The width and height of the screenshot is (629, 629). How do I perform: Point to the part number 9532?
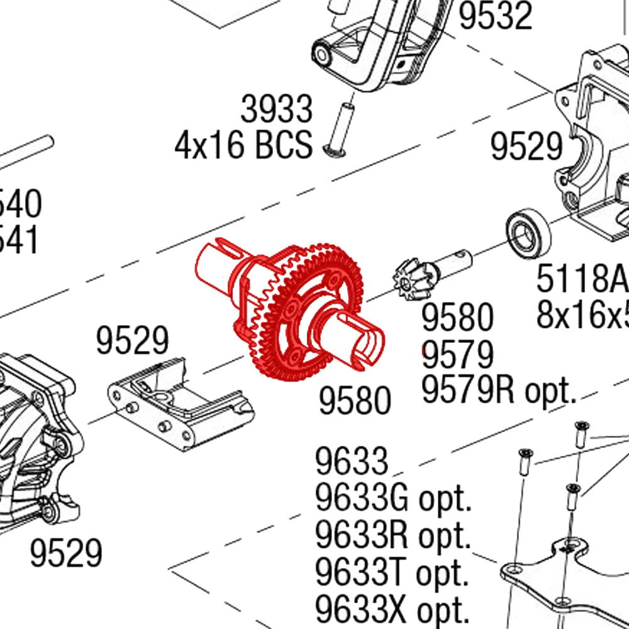click(x=495, y=16)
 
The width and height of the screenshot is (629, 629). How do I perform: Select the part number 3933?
click(x=276, y=109)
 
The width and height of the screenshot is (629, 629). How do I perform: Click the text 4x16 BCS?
click(x=243, y=145)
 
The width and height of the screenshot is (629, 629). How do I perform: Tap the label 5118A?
click(x=581, y=279)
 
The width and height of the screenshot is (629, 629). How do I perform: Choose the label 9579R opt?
click(x=499, y=391)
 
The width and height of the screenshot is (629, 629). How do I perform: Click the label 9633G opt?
click(x=394, y=500)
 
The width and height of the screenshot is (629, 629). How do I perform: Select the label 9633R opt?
click(x=394, y=536)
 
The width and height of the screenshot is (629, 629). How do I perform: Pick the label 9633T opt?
click(x=392, y=572)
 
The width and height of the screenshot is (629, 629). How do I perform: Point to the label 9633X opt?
click(x=393, y=609)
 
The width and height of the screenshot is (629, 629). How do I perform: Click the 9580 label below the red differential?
click(x=355, y=401)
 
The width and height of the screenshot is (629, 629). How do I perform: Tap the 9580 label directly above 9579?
click(x=457, y=318)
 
